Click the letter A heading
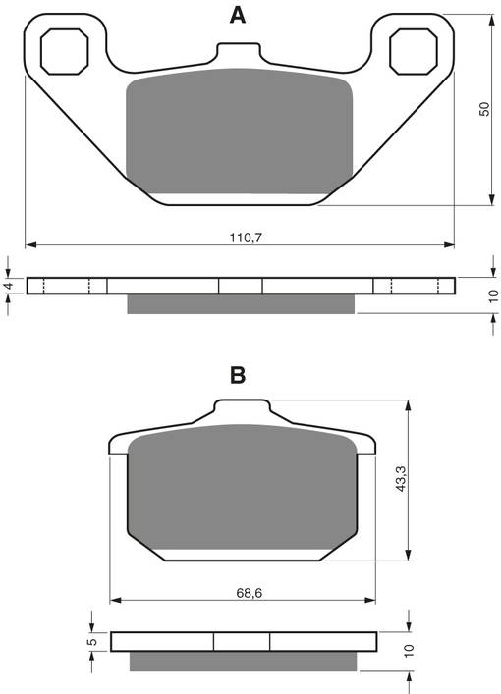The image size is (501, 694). [x=237, y=15]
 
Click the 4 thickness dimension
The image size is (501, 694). [x=8, y=286]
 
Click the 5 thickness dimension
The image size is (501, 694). [x=91, y=640]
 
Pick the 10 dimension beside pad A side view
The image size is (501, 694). [x=492, y=294]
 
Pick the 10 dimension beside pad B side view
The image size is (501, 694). [x=411, y=651]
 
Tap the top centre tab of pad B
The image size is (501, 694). [x=241, y=410]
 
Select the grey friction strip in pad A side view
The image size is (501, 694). [x=240, y=304]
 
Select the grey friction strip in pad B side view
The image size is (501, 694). [x=243, y=662]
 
